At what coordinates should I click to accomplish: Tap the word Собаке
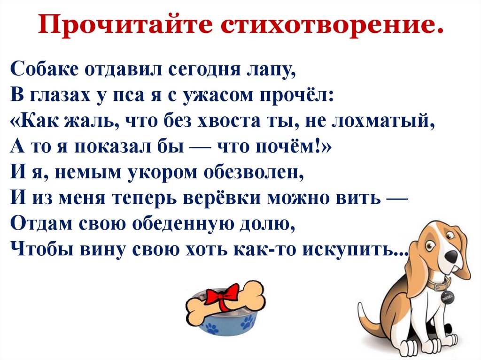click(43, 70)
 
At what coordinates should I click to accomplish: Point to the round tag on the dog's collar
click(446, 298)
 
